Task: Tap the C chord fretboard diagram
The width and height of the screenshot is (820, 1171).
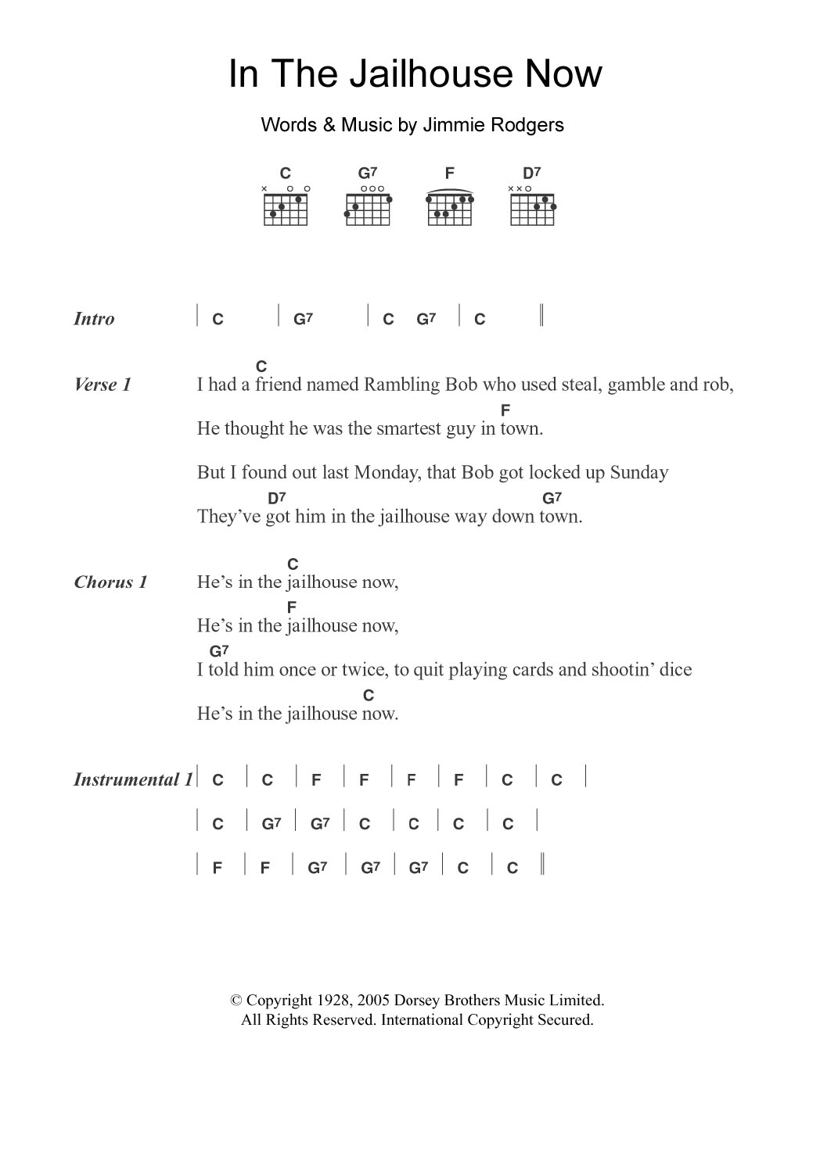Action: click(x=286, y=208)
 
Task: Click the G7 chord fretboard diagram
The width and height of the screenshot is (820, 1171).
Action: click(x=368, y=208)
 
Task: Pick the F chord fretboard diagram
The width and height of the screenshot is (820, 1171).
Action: click(x=450, y=208)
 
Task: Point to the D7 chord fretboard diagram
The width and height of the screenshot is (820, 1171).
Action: click(x=532, y=208)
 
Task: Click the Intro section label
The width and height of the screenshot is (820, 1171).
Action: click(x=94, y=319)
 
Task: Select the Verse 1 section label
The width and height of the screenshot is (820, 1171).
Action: click(x=102, y=385)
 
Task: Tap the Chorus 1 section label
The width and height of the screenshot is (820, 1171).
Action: click(x=110, y=582)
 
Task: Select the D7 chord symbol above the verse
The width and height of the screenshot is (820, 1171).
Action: click(x=277, y=498)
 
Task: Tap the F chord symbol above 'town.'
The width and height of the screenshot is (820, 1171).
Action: click(x=505, y=410)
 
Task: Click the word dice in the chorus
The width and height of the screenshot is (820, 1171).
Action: click(x=676, y=670)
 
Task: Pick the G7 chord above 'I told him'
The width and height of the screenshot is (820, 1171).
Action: click(x=219, y=650)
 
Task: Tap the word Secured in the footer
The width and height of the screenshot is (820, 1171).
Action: click(x=565, y=1020)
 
